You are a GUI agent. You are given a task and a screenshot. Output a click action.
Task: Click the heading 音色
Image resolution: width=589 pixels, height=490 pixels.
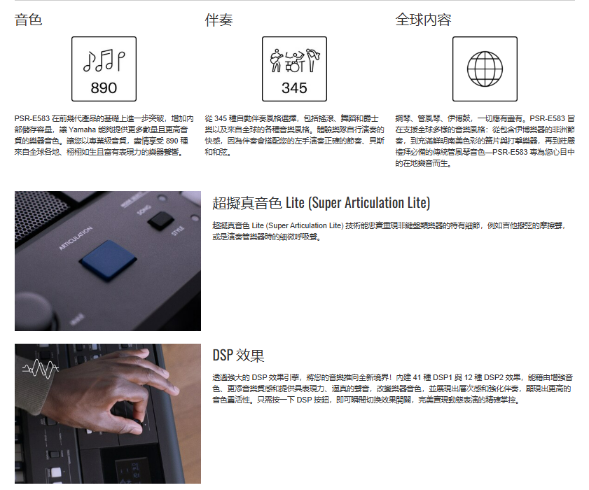(28, 20)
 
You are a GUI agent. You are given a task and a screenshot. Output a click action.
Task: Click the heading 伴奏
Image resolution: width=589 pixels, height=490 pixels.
(219, 20)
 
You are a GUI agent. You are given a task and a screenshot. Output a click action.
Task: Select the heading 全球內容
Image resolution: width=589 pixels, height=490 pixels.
(423, 20)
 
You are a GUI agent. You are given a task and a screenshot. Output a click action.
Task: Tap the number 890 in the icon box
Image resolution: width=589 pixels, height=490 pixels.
(104, 88)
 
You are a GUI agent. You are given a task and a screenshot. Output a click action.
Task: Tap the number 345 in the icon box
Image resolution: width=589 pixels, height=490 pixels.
(294, 88)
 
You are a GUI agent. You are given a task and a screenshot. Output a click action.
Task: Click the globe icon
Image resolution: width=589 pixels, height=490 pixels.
(485, 69)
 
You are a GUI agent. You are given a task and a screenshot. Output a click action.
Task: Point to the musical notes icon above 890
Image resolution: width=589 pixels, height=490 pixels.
(104, 60)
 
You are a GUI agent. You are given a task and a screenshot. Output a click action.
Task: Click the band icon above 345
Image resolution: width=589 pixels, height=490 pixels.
(295, 60)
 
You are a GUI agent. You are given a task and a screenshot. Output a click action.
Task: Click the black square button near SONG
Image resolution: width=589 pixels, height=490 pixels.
(161, 220)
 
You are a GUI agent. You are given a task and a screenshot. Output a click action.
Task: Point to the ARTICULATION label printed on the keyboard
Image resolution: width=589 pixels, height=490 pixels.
(76, 238)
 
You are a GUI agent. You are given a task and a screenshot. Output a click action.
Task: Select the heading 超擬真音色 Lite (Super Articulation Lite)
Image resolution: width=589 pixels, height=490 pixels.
(321, 203)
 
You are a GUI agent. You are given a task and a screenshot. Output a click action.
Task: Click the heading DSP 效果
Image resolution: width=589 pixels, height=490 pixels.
(239, 355)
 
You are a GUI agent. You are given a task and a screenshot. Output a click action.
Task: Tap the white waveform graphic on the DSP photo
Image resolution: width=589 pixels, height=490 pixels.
(40, 369)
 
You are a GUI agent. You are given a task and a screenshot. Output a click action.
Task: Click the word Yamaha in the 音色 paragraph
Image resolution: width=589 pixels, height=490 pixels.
(82, 130)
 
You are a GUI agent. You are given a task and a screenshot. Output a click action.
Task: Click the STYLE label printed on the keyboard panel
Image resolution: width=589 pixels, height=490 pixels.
(178, 230)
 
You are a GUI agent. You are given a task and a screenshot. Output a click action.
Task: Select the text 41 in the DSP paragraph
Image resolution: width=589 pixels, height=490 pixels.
(417, 377)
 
